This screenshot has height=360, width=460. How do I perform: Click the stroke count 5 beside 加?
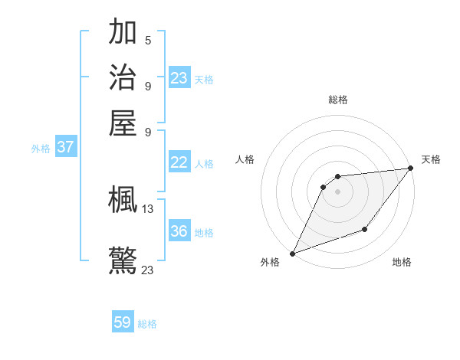pyautogui.click(x=148, y=40)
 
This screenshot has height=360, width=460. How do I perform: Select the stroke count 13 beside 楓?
pyautogui.click(x=148, y=208)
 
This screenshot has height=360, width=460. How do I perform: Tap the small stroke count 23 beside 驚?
pyautogui.click(x=148, y=269)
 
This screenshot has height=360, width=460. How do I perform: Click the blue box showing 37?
pyautogui.click(x=65, y=148)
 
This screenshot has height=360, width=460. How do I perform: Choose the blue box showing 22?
pyautogui.click(x=179, y=162)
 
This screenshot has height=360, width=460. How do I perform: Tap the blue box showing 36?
pyautogui.click(x=179, y=231)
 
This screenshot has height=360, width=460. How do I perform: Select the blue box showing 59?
pyautogui.click(x=123, y=322)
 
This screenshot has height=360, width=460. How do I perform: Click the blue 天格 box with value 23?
pyautogui.click(x=179, y=78)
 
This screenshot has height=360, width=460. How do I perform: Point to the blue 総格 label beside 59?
pyautogui.click(x=147, y=324)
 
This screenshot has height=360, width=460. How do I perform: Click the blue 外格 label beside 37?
pyautogui.click(x=40, y=149)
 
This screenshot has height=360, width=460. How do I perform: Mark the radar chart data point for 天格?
pyautogui.click(x=411, y=169)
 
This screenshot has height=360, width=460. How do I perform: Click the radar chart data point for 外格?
pyautogui.click(x=292, y=254)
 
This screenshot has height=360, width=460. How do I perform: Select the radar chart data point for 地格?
pyautogui.click(x=365, y=229)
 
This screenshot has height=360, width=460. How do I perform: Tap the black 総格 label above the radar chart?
pyautogui.click(x=337, y=100)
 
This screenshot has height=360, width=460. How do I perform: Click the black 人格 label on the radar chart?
pyautogui.click(x=245, y=159)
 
